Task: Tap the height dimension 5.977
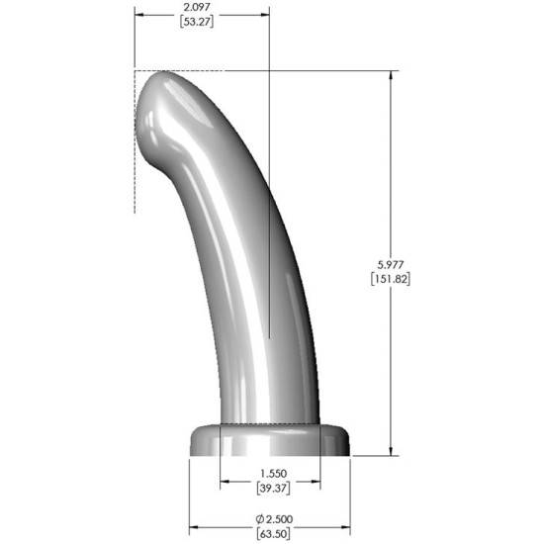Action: click(393, 264)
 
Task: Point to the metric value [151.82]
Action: click(393, 279)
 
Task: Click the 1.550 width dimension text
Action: click(269, 475)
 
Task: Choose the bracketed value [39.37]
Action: click(269, 490)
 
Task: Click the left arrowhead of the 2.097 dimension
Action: click(139, 15)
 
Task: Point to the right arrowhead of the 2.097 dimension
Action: click(265, 15)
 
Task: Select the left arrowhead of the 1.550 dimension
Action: click(224, 483)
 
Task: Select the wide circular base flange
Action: click(269, 440)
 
